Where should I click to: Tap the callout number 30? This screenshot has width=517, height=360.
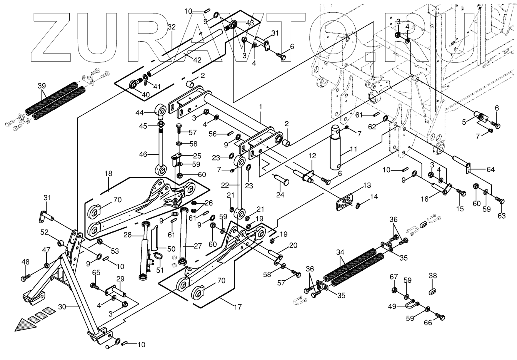(x=63, y=306)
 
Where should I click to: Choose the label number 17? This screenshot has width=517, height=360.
(x=238, y=307)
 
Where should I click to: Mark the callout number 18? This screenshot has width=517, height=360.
(x=108, y=174)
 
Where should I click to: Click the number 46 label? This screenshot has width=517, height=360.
(x=143, y=154)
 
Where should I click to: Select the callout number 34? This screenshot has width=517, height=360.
(x=340, y=252)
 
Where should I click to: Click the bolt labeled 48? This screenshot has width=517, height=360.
(x=25, y=276)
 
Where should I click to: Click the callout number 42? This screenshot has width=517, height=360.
(x=197, y=60)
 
